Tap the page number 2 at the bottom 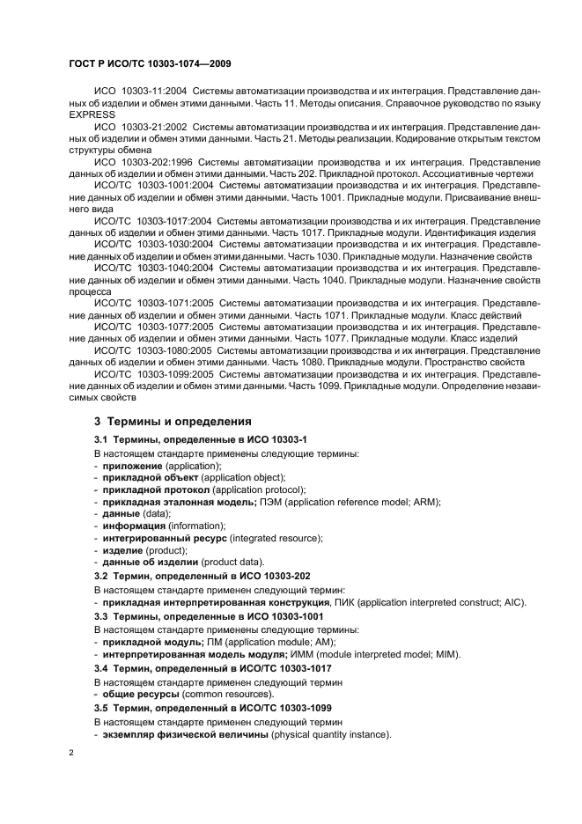pos(71,752)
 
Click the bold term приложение pos(132,465)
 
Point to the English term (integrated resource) pos(276,538)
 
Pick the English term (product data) pos(225,562)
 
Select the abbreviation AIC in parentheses pos(511,601)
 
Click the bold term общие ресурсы pos(140,695)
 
